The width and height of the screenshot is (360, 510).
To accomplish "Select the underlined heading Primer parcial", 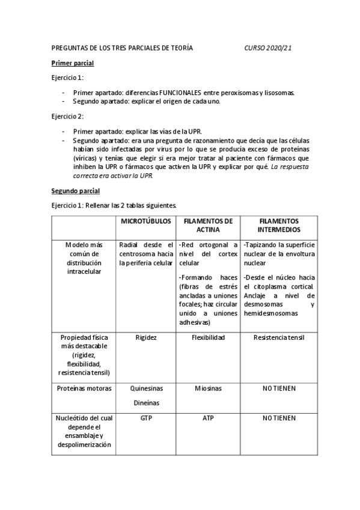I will click(72, 63).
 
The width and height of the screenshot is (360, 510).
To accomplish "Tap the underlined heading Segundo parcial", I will click(75, 191).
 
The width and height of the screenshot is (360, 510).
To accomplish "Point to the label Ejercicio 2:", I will click(67, 115).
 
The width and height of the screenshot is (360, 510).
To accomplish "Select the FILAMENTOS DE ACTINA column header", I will click(208, 226).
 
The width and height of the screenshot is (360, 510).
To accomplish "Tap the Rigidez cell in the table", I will click(146, 337).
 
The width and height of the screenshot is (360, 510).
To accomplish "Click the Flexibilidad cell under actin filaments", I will click(208, 337).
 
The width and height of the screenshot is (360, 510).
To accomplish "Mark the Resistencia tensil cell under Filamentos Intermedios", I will click(279, 337).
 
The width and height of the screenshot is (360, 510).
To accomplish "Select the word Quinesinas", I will click(146, 389).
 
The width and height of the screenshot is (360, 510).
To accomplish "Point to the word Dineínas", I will click(146, 403).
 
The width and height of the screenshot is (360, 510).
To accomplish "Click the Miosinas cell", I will click(208, 389).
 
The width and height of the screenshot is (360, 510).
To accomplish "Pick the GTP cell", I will click(146, 416).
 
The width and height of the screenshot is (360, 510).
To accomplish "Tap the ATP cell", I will click(208, 416).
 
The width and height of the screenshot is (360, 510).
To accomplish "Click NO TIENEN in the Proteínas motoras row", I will click(279, 389).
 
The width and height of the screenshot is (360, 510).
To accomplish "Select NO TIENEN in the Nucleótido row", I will click(279, 416).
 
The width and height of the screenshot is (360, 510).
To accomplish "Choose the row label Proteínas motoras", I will click(84, 389).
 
